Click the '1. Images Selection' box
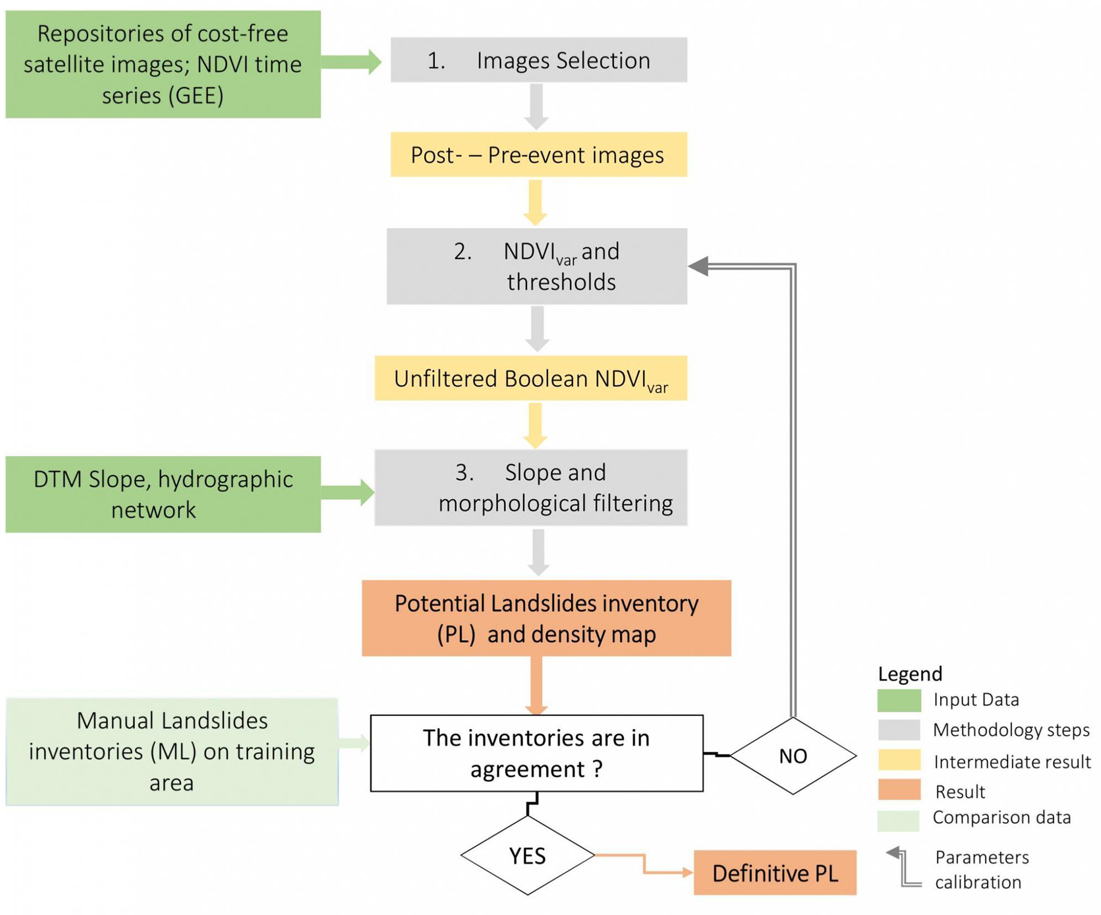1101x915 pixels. (x=538, y=60)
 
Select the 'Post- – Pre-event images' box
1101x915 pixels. (x=538, y=154)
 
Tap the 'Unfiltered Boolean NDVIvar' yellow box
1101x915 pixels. (x=530, y=378)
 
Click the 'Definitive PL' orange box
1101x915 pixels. (x=774, y=872)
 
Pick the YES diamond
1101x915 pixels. (x=527, y=855)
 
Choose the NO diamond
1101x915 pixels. (x=792, y=755)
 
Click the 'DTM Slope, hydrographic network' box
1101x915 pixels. (x=163, y=493)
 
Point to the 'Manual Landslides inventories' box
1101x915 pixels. (x=171, y=751)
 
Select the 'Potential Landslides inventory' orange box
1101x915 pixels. (x=546, y=617)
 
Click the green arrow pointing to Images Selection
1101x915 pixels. (x=351, y=61)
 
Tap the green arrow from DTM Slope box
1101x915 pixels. (x=347, y=492)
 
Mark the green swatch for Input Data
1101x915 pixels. (x=899, y=700)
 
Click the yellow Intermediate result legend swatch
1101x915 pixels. (x=899, y=760)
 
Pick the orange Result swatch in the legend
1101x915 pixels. (x=899, y=789)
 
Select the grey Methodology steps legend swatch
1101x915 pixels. (x=899, y=730)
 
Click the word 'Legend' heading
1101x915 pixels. (x=909, y=673)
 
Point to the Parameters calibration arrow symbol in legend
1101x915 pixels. (x=902, y=867)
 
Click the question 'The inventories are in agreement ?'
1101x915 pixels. (x=536, y=752)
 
